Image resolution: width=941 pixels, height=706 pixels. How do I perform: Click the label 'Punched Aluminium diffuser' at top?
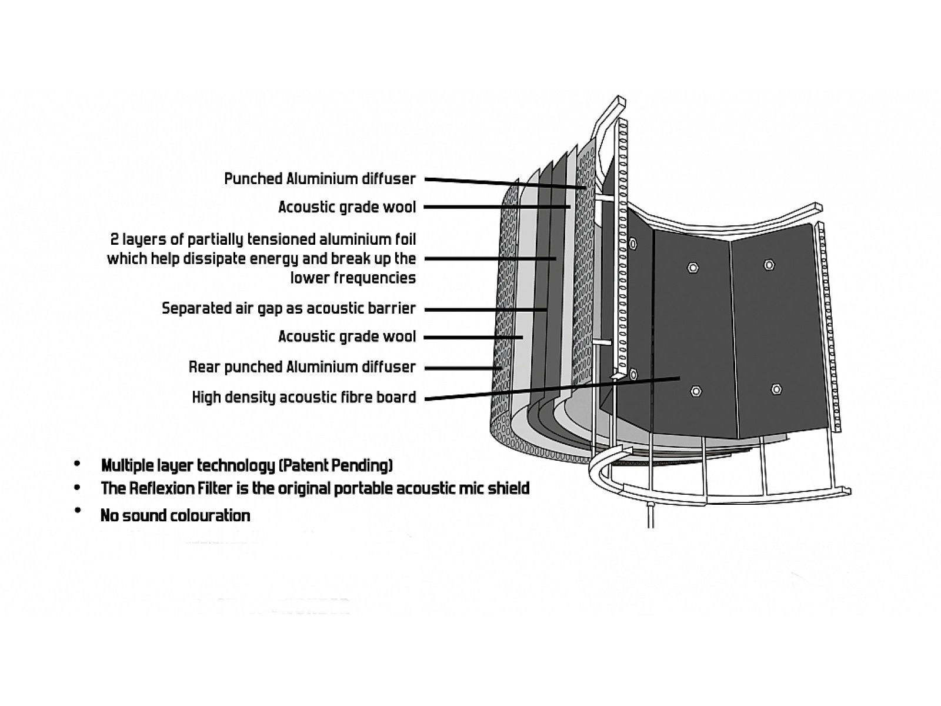(320, 179)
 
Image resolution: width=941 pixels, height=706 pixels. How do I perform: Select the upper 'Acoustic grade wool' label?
(347, 207)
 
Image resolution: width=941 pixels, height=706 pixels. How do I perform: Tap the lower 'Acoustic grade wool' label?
(347, 337)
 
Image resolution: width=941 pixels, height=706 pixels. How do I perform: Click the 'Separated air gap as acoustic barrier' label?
(289, 308)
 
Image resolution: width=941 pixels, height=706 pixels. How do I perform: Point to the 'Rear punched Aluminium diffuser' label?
(302, 367)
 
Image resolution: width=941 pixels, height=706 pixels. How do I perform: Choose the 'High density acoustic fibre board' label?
(304, 397)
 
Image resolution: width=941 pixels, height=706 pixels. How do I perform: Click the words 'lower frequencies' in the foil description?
(353, 278)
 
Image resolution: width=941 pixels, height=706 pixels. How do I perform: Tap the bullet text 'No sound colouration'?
(175, 516)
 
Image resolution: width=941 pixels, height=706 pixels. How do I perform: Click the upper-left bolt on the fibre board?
(693, 268)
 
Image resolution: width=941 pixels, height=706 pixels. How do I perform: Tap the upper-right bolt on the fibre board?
(769, 265)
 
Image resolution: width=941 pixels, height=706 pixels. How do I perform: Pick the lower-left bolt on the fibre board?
(696, 391)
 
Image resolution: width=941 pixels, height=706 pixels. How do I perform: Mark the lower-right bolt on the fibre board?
(776, 389)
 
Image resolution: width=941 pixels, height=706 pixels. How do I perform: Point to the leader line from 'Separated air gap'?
(485, 309)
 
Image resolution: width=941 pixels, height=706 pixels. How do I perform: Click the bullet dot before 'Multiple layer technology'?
(77, 465)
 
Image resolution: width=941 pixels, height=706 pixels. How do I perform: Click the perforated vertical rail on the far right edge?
(830, 324)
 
